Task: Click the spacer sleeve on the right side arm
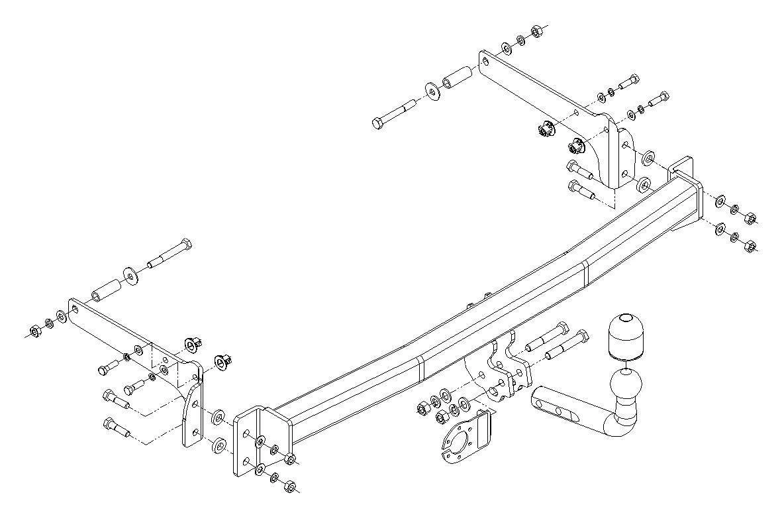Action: (x=456, y=79)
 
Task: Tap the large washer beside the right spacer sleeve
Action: (x=432, y=91)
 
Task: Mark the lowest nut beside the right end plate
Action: (x=750, y=246)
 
